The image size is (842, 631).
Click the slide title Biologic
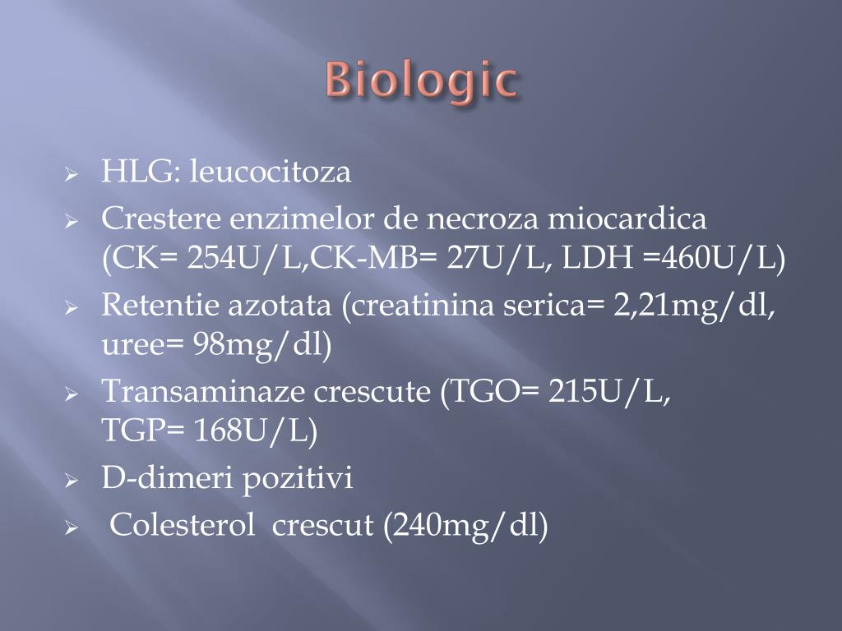421,82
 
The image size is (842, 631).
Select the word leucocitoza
271,173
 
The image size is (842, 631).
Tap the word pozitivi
298,478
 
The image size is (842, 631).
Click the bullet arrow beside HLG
72,175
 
